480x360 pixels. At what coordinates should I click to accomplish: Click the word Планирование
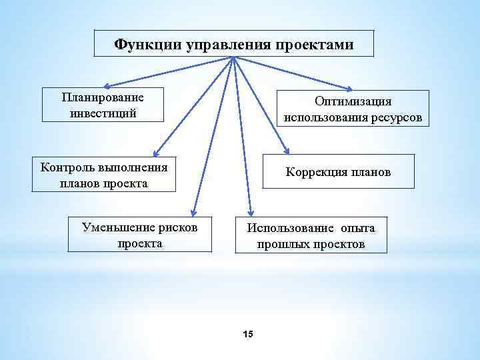103,97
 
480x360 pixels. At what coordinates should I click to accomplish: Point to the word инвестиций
103,112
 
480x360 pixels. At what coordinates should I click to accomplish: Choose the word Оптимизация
353,101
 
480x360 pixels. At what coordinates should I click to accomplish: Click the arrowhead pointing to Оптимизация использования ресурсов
351,89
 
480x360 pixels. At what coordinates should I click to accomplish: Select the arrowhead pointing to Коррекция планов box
287,150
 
